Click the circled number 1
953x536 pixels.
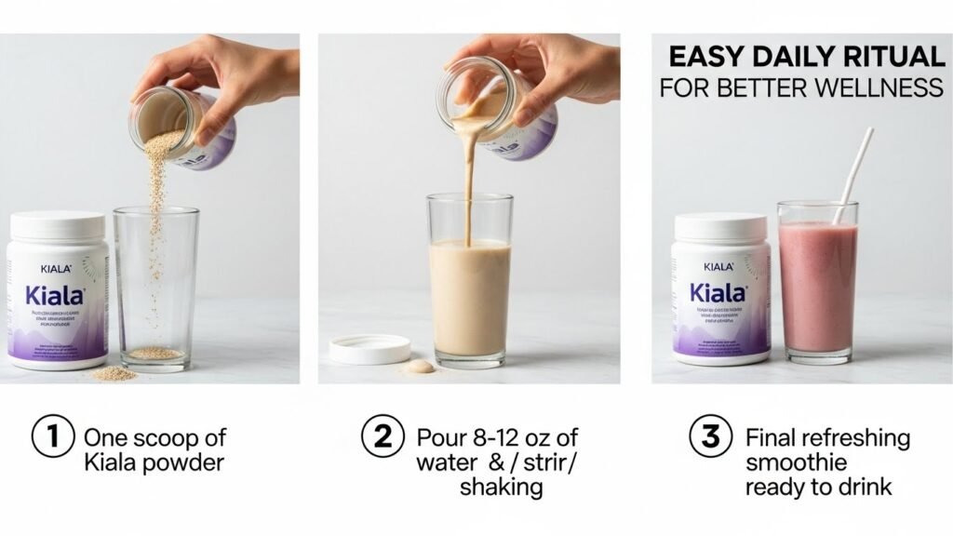point(52,438)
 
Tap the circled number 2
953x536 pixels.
point(383,438)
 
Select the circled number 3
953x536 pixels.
point(710,438)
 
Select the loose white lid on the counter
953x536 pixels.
point(370,349)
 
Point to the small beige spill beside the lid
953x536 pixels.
point(421,366)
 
